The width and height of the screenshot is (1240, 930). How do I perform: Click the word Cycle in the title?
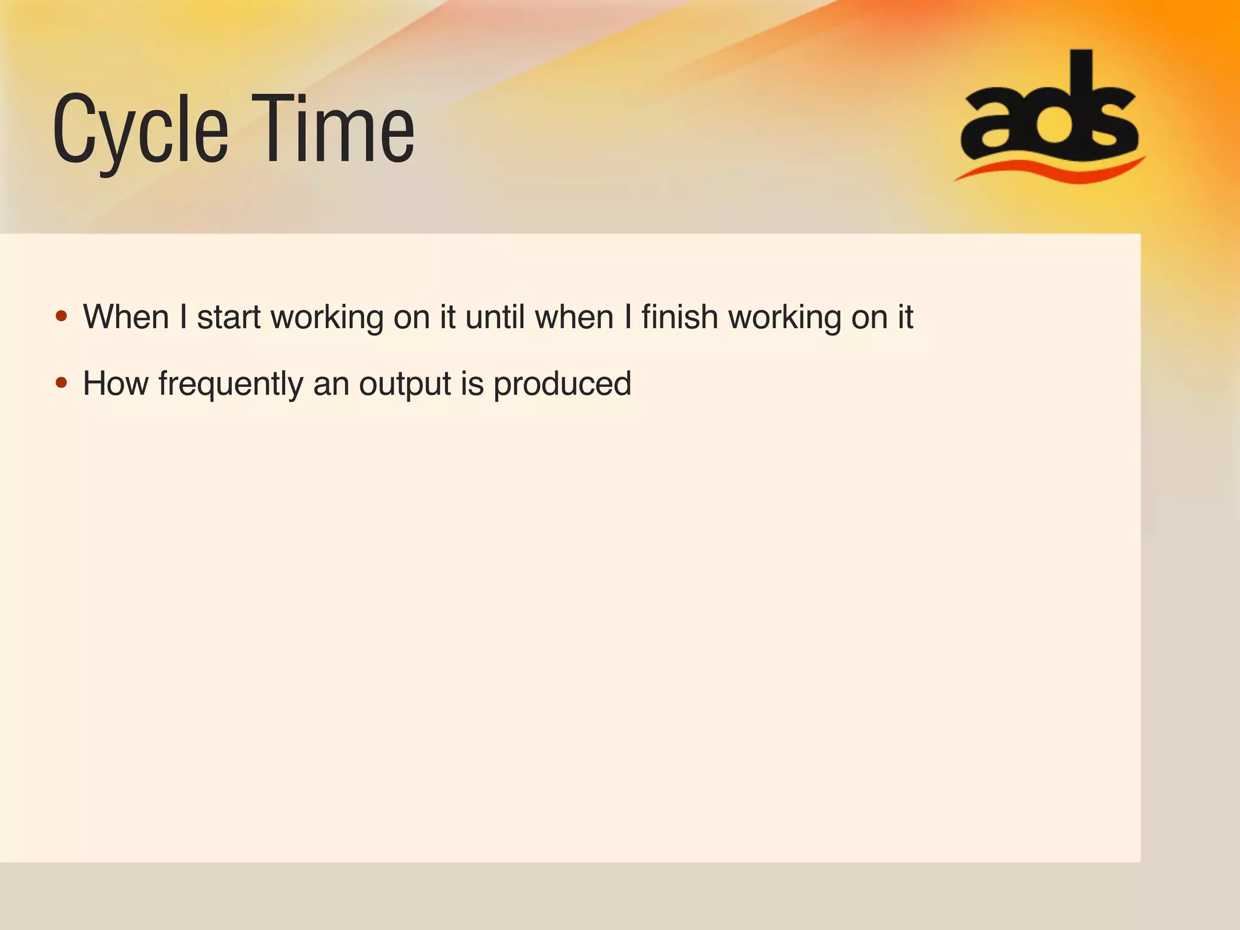[140, 130]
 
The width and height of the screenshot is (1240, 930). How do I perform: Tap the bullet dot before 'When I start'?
[61, 316]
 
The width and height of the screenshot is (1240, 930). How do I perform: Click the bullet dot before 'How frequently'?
[61, 383]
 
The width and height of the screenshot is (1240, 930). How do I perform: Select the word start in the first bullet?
[229, 317]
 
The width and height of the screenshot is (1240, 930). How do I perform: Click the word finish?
[679, 317]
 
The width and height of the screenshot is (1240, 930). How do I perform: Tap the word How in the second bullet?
[115, 384]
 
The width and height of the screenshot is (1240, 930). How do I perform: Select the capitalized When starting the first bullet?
[126, 317]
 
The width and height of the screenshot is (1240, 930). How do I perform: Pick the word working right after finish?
[785, 318]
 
